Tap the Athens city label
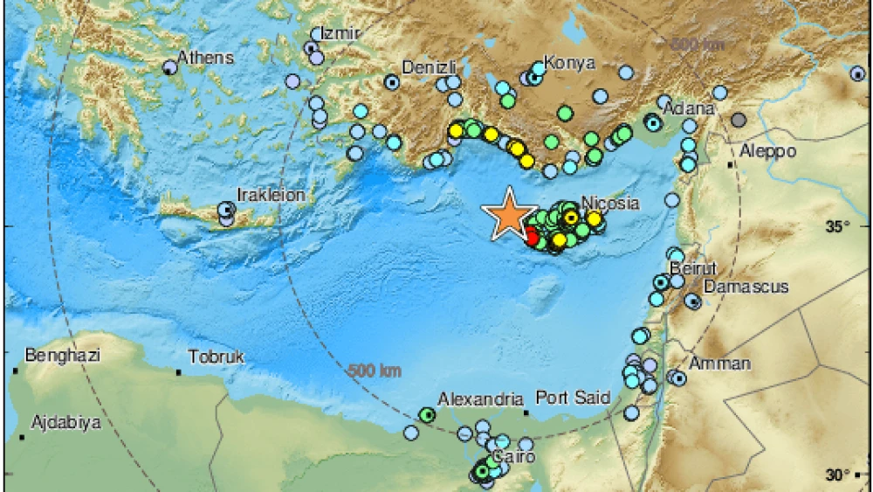tap(205, 58)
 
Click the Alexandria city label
tap(480, 398)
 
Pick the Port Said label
tap(573, 398)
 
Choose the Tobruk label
tap(217, 357)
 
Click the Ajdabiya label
tap(65, 423)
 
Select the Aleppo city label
tap(768, 151)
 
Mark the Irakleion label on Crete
tap(272, 195)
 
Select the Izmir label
tap(341, 32)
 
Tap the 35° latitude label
tap(838, 227)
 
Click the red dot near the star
tap(532, 235)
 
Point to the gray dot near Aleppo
tap(739, 121)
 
